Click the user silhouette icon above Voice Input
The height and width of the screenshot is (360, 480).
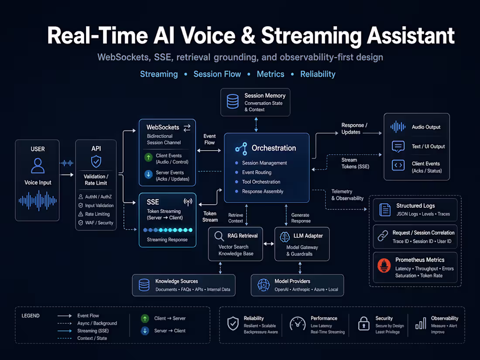tap(38, 166)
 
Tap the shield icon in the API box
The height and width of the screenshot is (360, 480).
tap(96, 162)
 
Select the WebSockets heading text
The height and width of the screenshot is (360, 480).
tap(163, 127)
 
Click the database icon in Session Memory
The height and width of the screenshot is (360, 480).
tap(233, 102)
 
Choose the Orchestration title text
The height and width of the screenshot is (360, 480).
tap(274, 148)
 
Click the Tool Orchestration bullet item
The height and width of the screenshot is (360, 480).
tap(261, 182)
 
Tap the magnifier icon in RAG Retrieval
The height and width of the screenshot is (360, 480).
tap(219, 236)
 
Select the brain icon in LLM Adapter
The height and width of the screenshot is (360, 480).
tap(285, 236)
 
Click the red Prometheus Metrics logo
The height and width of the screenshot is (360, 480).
tap(384, 265)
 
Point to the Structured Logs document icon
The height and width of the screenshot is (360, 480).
tap(384, 210)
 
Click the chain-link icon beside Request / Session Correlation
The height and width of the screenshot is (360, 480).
tap(383, 237)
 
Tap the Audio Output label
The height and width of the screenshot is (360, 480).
tap(426, 127)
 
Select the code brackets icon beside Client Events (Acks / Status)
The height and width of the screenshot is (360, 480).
tap(398, 165)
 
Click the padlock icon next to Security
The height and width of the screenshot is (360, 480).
tap(363, 324)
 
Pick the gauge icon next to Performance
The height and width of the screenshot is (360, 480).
tap(298, 324)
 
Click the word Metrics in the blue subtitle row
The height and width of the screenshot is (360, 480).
tap(271, 74)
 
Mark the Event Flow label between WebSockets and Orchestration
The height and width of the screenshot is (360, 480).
tap(209, 139)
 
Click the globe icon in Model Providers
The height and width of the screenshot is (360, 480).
tap(264, 285)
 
